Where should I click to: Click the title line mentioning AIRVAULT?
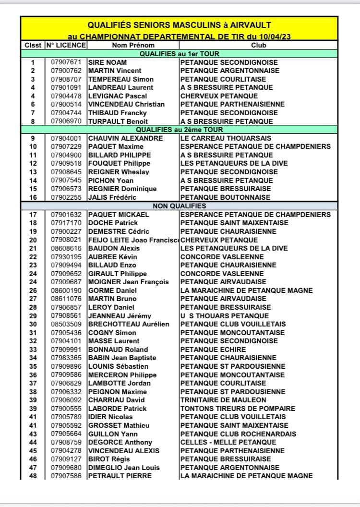click(x=179, y=25)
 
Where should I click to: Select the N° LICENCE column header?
click(x=66, y=45)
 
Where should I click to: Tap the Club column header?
click(x=259, y=45)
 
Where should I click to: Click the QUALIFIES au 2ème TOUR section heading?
click(x=179, y=130)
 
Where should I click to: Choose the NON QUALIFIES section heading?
click(x=179, y=206)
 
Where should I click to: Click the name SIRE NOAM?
click(x=108, y=62)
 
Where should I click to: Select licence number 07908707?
click(x=69, y=79)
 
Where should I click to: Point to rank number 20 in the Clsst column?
click(x=33, y=240)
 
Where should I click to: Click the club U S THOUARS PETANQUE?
click(x=225, y=316)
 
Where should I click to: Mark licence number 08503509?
click(x=69, y=324)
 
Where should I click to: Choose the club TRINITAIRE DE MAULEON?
click(x=223, y=400)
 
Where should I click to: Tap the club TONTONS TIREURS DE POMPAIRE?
click(x=238, y=409)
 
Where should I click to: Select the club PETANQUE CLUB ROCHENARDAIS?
click(x=238, y=434)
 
